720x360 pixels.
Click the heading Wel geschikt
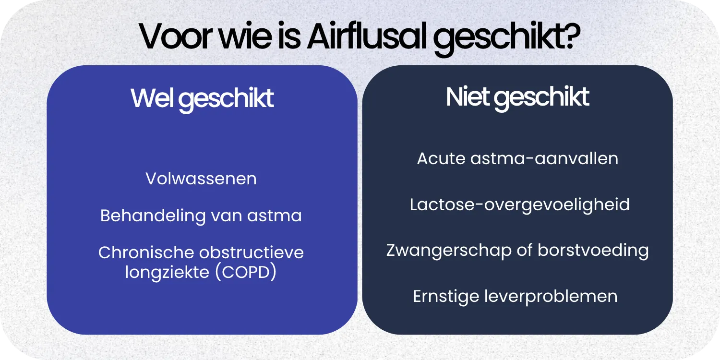click(202, 98)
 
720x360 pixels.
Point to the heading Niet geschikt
click(517, 97)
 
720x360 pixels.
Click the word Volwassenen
click(201, 179)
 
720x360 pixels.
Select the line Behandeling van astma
click(201, 216)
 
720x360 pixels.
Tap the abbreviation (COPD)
click(245, 272)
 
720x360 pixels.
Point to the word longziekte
click(167, 272)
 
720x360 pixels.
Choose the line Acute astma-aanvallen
click(517, 158)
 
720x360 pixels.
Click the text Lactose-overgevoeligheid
click(519, 204)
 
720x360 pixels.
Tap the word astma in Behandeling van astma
click(275, 216)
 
